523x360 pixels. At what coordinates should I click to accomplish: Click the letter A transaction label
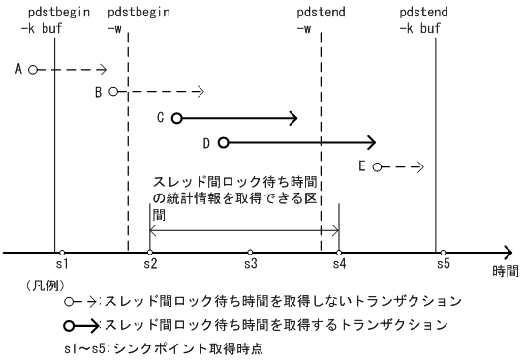[x=20, y=69]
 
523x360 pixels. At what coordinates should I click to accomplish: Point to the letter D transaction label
[x=206, y=143]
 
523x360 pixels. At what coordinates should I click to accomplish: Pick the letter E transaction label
[x=362, y=166]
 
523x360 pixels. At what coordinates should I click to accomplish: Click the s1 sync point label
[x=58, y=264]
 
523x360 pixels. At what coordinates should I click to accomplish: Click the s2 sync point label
[x=149, y=264]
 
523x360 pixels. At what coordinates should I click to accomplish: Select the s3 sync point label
[x=249, y=264]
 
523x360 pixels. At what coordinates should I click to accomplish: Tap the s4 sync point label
[x=338, y=264]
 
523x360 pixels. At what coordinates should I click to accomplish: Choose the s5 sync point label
[x=443, y=264]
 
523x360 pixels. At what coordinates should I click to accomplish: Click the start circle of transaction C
[x=176, y=118]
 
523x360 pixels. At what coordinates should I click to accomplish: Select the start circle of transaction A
[x=33, y=70]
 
